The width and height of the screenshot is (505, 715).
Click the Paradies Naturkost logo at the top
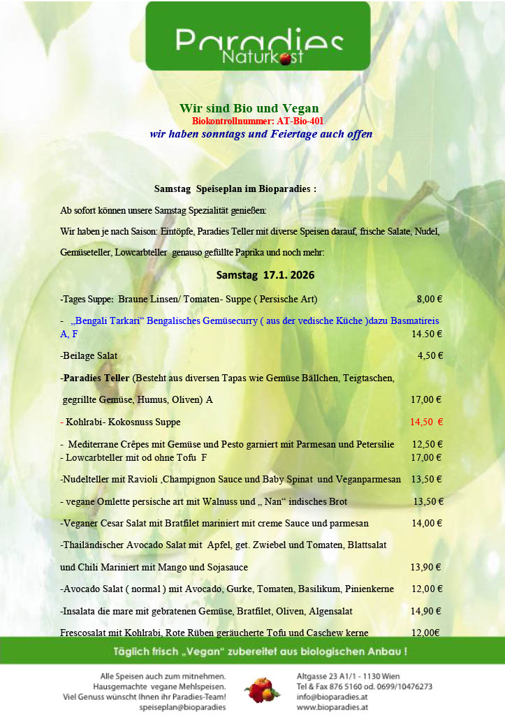258,36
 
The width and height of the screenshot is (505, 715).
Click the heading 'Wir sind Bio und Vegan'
249,108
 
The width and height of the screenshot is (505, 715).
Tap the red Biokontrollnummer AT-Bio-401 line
257,121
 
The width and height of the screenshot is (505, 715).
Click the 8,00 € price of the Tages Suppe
430,299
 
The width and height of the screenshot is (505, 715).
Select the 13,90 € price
425,567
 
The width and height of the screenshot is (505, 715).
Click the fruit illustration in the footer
262,691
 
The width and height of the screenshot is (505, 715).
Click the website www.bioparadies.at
332,707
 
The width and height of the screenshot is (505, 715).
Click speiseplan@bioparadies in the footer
182,707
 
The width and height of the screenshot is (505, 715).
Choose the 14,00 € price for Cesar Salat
426,522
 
